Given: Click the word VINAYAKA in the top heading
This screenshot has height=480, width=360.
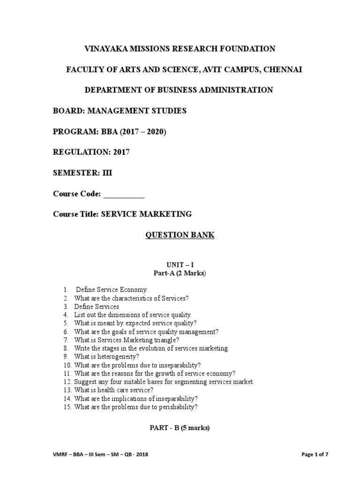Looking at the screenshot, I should [x=105, y=49].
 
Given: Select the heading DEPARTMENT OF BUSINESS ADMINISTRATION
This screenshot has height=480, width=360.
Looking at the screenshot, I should [x=180, y=90].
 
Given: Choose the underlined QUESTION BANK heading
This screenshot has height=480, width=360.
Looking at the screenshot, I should [x=180, y=235].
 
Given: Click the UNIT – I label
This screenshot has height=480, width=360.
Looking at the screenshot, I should [x=180, y=265].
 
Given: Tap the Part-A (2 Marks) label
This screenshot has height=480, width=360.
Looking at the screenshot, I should [x=180, y=273].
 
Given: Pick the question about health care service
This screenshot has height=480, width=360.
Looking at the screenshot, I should [x=113, y=390].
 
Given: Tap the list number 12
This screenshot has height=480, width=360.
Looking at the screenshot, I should [x=67, y=382].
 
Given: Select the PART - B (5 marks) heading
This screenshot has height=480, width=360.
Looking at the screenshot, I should [x=180, y=427].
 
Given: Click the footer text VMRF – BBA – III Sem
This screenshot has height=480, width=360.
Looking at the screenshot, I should [x=78, y=455].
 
